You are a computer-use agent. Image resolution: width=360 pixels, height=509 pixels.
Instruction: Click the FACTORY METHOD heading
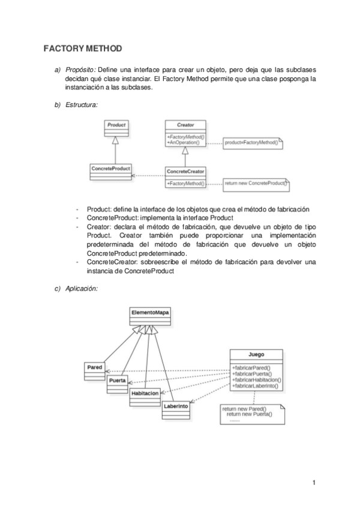(83, 47)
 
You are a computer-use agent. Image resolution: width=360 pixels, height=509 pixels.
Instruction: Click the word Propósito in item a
(79, 69)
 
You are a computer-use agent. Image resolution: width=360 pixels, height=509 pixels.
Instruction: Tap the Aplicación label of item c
(82, 289)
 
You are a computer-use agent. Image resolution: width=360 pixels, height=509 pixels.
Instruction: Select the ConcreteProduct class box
(111, 171)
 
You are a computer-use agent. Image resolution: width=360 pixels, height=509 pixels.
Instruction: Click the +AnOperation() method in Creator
(184, 143)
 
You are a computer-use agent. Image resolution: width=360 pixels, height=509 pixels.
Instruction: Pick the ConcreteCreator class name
(185, 172)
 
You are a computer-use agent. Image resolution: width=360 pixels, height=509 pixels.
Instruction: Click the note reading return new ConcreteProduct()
(256, 182)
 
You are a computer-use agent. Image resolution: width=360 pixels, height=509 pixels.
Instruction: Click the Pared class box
(95, 370)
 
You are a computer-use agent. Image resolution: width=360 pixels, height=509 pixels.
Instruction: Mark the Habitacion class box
(145, 396)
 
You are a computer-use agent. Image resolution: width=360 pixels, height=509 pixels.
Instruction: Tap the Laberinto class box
(176, 409)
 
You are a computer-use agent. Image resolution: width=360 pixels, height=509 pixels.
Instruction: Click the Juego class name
(256, 354)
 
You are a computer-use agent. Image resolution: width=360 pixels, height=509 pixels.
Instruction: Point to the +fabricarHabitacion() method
(256, 380)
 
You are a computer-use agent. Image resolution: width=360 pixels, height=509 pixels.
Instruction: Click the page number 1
(313, 482)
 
